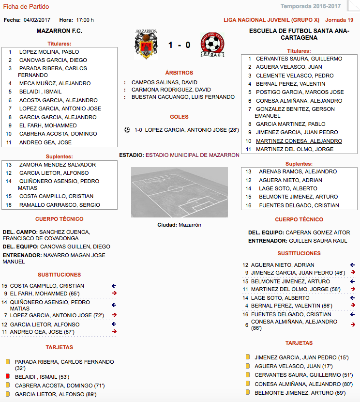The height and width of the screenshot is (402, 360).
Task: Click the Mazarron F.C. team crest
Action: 146,44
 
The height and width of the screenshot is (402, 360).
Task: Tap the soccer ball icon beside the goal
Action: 127,130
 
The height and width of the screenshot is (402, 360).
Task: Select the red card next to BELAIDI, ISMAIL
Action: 8,376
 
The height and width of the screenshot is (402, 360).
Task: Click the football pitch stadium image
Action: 179,192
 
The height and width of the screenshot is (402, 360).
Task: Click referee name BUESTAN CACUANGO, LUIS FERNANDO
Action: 183,97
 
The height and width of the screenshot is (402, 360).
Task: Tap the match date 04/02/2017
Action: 37,20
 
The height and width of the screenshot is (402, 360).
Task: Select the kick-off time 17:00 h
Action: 85,20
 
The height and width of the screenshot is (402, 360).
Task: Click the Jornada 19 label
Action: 339,20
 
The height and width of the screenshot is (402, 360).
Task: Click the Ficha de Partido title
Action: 26,7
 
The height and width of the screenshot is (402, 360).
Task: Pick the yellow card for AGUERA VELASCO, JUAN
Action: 248,366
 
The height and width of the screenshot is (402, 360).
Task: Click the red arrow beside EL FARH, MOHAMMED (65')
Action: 114,293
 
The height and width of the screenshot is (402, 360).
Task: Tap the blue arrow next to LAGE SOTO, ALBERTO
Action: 352,298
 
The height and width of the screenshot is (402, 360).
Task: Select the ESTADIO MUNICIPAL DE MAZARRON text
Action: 193,155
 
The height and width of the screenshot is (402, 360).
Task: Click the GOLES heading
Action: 179,117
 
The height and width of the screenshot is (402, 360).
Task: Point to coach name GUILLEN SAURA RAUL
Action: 318,241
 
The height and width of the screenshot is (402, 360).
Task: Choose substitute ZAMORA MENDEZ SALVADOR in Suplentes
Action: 58,165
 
